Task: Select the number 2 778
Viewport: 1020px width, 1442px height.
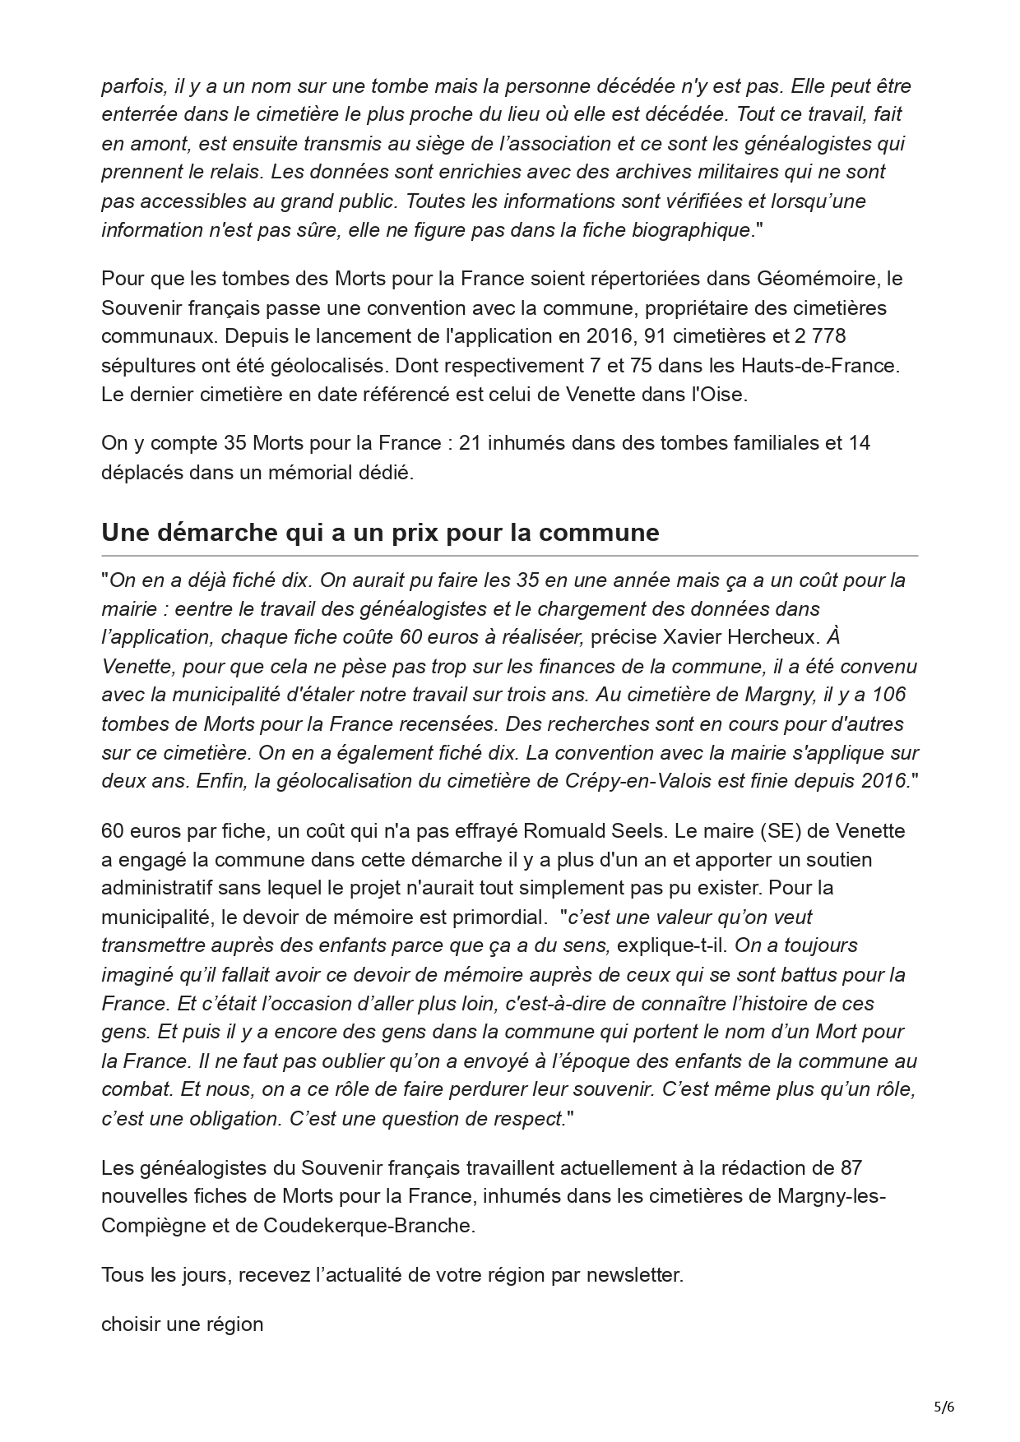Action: click(817, 336)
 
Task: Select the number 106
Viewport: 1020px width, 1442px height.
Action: click(888, 695)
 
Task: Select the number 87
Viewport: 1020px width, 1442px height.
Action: click(851, 1168)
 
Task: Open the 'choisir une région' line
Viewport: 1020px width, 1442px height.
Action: click(182, 1324)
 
